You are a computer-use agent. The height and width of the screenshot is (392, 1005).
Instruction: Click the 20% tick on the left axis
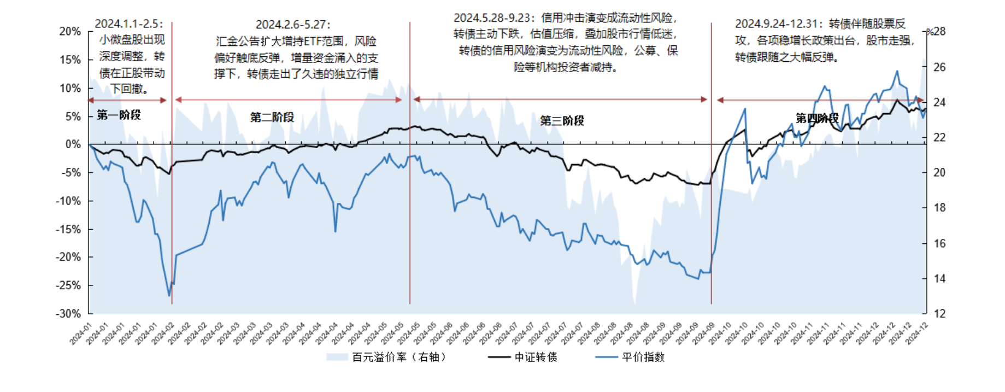70,32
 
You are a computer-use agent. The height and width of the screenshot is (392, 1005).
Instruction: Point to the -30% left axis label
68,314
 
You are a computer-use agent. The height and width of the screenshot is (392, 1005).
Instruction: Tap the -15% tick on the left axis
68,230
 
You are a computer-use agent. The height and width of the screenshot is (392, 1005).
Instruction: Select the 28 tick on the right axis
939,32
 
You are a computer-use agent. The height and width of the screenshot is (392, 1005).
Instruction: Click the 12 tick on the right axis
939,314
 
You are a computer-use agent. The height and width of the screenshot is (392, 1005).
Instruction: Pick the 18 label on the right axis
939,208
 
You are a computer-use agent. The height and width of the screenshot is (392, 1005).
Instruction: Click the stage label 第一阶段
119,115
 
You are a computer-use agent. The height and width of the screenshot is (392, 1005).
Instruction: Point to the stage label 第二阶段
272,118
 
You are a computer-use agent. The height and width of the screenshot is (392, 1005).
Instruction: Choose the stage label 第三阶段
562,121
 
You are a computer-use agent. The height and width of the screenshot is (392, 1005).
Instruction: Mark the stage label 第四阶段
816,118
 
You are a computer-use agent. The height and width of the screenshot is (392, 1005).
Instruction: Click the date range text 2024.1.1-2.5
128,24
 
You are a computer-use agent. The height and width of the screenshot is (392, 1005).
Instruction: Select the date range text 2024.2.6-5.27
293,25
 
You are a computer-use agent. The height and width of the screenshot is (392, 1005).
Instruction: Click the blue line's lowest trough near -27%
169,296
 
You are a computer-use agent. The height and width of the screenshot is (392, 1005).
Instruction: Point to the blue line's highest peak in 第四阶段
897,71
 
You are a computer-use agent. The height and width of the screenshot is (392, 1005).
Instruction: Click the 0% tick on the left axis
73,144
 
